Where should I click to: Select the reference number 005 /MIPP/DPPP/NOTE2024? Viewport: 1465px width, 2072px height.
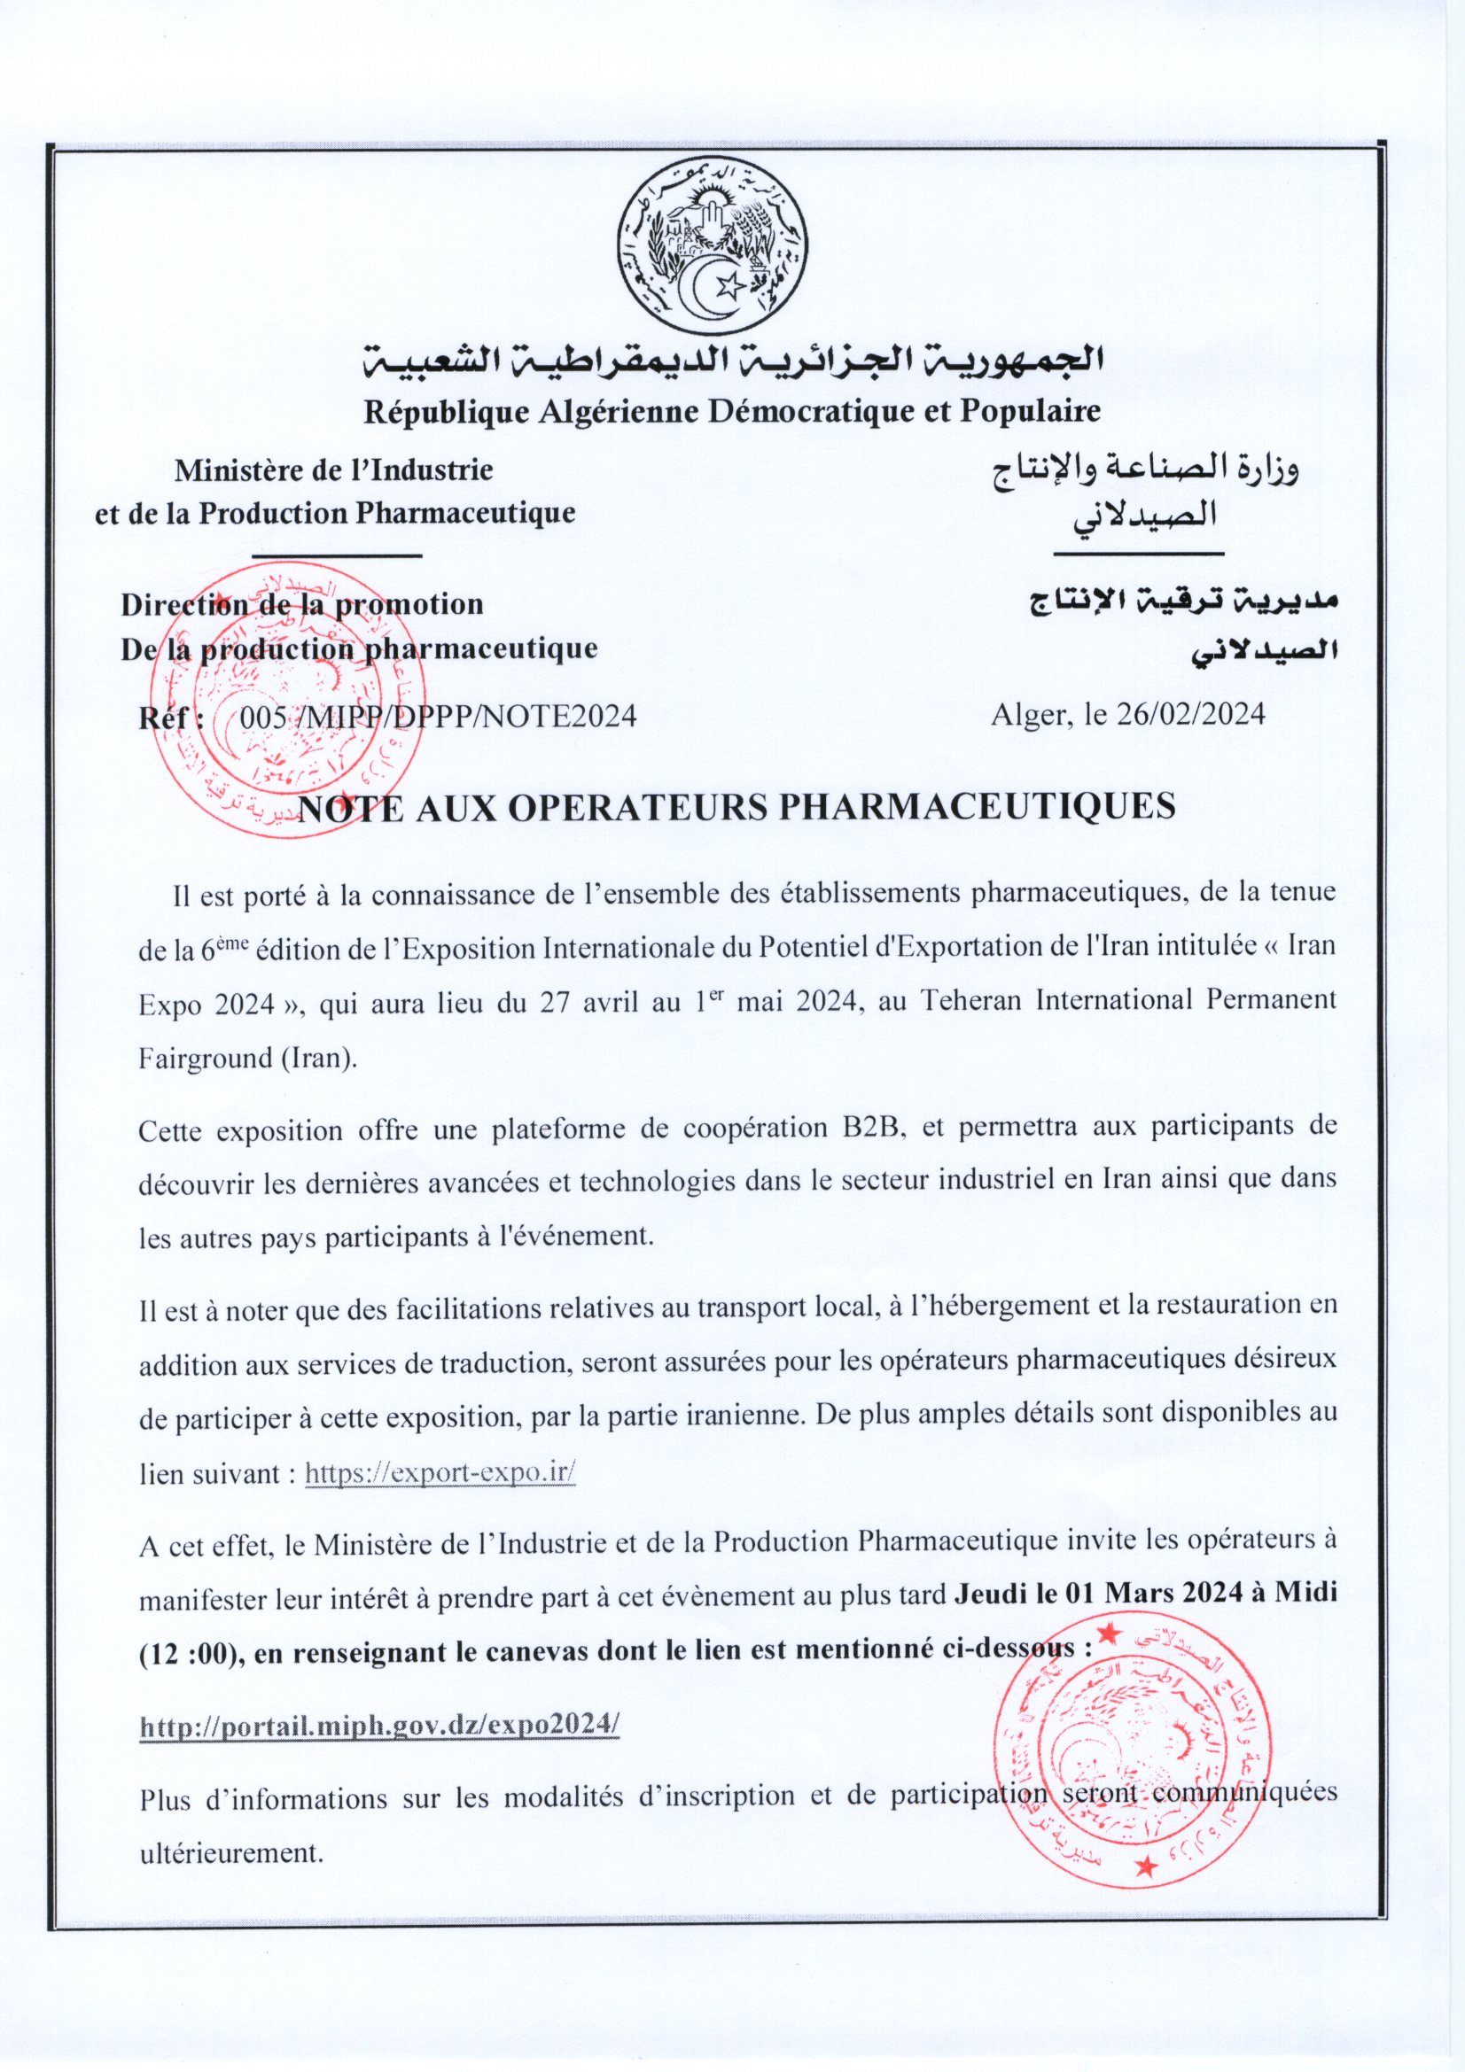coord(438,717)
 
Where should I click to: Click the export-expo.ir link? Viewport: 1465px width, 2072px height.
coord(440,1473)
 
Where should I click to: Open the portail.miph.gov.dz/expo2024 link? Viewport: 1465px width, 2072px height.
coord(379,1724)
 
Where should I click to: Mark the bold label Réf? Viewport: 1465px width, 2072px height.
coord(169,718)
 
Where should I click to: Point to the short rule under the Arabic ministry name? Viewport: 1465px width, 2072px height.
coord(1137,553)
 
